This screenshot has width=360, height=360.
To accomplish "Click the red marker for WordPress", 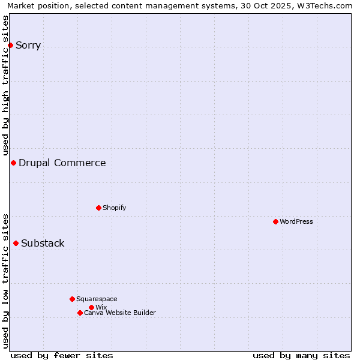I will coord(275,221).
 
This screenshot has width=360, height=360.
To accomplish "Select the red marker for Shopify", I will coord(98,208).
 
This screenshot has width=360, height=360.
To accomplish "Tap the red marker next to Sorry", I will coord(10,45).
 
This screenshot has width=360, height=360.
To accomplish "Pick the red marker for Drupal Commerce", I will coord(13,163).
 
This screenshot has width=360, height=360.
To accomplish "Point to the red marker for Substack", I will coord(16,243).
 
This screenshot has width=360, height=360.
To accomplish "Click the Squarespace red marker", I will coord(72,299).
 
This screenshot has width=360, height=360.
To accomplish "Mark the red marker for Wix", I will coord(91,307).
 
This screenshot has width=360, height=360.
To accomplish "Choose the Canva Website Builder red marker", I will coord(80,313).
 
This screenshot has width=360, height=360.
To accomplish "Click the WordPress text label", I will coord(296,221).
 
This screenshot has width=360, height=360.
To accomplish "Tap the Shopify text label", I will coord(114,208).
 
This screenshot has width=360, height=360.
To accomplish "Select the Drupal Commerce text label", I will coord(62,163).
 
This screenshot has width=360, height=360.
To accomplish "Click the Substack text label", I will coord(43,243).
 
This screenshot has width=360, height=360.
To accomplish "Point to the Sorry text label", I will coord(28,45).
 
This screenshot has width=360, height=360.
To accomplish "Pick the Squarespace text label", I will coord(97,299).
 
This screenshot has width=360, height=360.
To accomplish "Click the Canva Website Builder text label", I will coord(119,313).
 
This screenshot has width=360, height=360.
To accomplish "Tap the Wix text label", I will coord(101,307).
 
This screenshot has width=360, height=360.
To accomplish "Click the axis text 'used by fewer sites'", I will coord(62,355).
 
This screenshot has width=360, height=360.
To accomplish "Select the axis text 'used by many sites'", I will coord(301,355).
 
